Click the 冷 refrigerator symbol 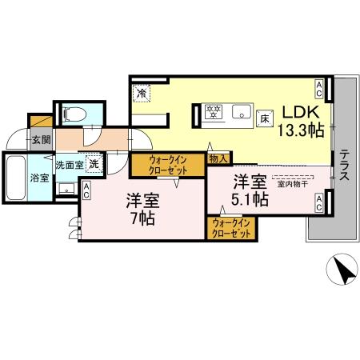141,93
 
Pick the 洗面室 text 68,165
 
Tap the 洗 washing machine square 94,164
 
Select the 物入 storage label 218,159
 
